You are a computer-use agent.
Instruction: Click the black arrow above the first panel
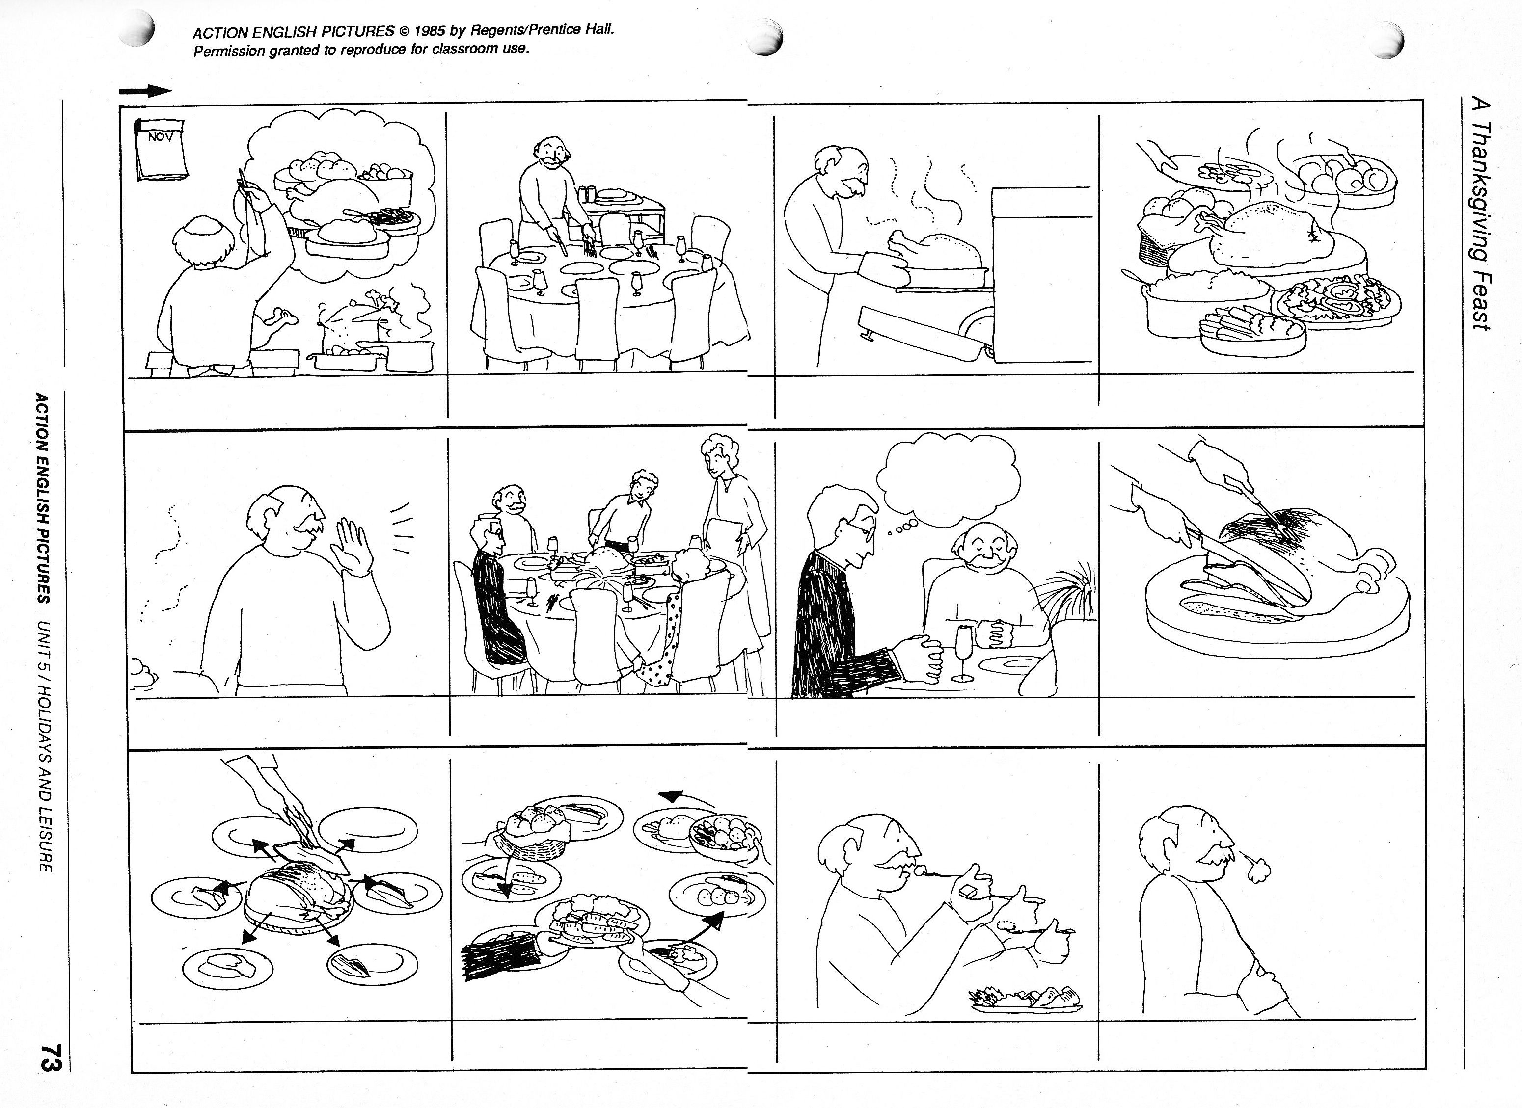[145, 91]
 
